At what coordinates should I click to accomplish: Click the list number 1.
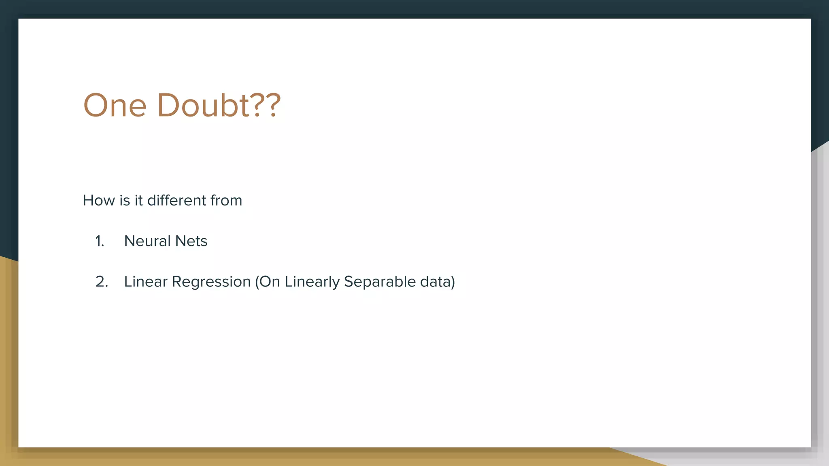[100, 241]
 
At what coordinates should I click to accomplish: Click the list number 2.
[102, 282]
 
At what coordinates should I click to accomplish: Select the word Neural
[147, 241]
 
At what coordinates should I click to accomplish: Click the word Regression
[211, 282]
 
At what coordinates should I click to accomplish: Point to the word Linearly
[312, 282]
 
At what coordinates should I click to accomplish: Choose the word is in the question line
[124, 200]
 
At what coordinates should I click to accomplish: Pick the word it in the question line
[138, 200]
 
